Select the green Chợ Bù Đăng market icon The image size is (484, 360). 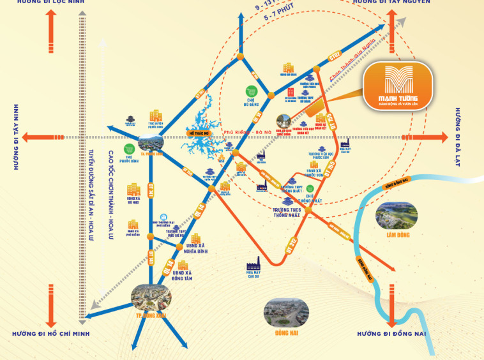pos(253,91)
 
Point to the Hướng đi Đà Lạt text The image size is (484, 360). pos(458,138)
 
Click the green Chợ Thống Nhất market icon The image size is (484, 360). pos(310,190)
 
